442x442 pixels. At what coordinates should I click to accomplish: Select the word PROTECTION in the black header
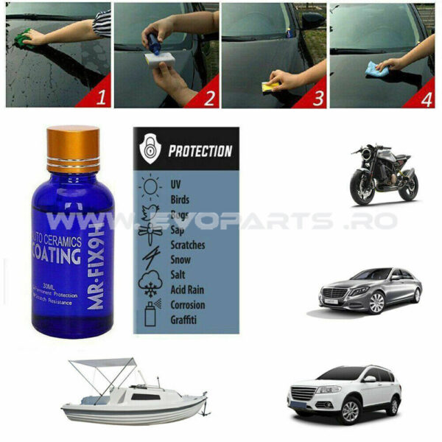coord(200,152)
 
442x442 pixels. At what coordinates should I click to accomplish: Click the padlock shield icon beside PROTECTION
coord(152,151)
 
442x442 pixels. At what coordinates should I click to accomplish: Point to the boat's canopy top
coord(103,363)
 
